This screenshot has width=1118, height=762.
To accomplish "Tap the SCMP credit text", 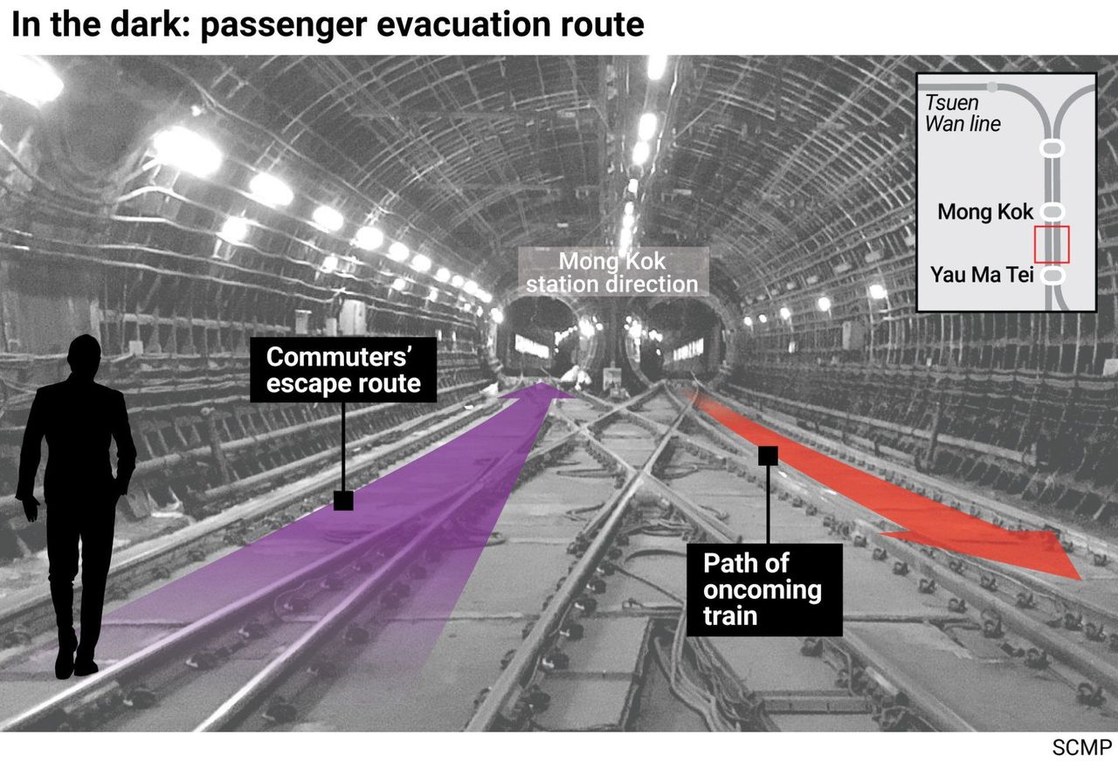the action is coord(1081,747).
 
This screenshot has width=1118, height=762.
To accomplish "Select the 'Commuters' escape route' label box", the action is coord(343,369).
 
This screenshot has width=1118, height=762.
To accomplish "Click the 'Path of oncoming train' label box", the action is coord(764,589).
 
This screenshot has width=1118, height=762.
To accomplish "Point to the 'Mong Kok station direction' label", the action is coord(613,272).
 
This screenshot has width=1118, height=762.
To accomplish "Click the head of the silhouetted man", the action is coord(85,354).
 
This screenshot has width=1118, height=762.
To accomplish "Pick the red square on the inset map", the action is coord(1051,244).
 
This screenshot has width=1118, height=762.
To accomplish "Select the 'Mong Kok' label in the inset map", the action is coord(984,212).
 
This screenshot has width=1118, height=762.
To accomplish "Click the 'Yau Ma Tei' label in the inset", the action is coord(981,275).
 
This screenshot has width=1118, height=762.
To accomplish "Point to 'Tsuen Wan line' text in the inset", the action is coord(963,113).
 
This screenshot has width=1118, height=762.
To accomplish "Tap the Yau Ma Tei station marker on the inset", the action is coord(1052,275).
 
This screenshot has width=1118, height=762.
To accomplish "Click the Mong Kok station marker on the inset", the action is coord(1052,211).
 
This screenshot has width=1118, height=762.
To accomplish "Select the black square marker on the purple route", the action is coord(343,500).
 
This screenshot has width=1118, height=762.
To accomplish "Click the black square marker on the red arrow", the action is coord(768,456).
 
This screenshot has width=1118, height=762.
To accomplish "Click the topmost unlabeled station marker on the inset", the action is coord(1052,148).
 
